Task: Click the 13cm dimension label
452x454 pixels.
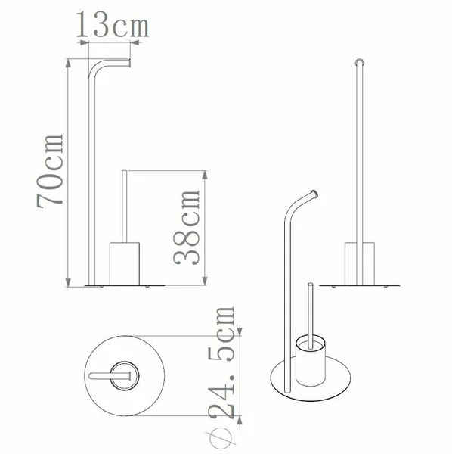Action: point(113,25)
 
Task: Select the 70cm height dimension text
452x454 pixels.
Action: point(50,171)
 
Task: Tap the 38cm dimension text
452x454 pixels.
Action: point(187,227)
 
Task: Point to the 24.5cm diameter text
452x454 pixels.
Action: point(221,363)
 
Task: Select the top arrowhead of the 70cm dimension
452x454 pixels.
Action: point(68,63)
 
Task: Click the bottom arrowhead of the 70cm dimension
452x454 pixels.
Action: point(68,282)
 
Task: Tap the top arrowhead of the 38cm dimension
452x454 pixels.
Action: point(205,175)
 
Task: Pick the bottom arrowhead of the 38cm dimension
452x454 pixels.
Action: point(205,281)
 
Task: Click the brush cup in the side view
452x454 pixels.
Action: point(125,264)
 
